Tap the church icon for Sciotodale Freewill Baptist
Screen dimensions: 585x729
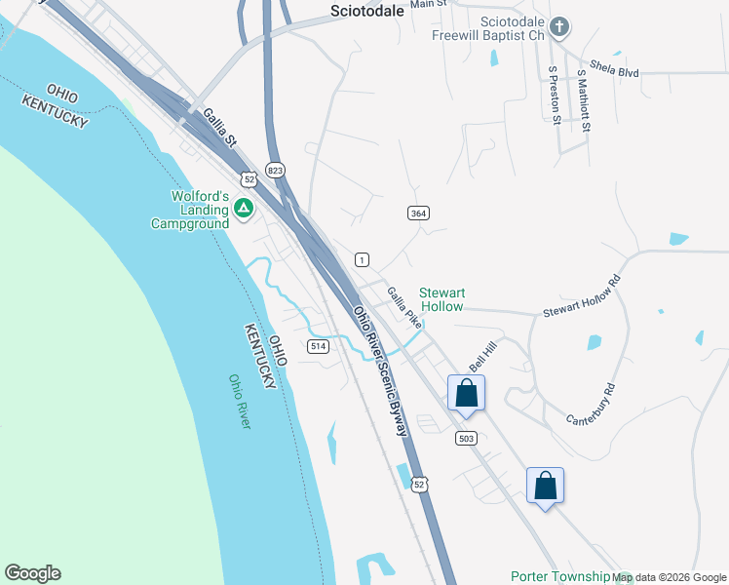(558, 27)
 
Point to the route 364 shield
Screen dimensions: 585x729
(418, 213)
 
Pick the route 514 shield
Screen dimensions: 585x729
(317, 346)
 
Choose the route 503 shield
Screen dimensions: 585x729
(466, 438)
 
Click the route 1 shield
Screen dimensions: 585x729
(362, 258)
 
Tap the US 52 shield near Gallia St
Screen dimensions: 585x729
(250, 179)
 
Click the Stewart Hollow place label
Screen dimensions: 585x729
(441, 298)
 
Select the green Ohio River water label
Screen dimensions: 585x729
(240, 402)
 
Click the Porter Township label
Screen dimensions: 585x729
(560, 576)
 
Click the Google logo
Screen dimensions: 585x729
(32, 573)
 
